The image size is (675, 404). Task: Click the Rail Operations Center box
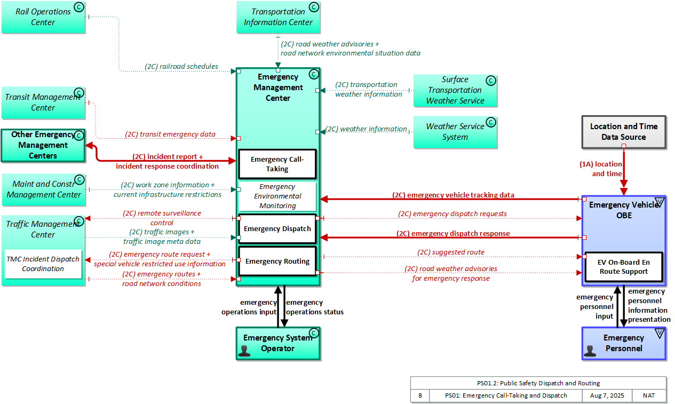43,17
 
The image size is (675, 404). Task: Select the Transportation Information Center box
278,17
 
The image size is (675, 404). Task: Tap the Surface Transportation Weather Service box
455,90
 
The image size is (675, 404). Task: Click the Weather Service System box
455,132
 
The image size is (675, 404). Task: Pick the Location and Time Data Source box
623,132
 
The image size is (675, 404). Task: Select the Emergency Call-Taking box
277,164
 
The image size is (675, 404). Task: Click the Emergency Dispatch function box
277,229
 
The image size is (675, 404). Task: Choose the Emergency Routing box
277,262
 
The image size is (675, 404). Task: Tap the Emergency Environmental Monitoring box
277,196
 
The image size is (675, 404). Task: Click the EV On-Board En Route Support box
623,267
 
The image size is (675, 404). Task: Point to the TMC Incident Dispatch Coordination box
43,264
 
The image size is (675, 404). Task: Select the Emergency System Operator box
278,343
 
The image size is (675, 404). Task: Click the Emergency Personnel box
623,343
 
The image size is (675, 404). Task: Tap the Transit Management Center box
43,102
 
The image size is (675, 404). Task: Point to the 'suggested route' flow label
451,252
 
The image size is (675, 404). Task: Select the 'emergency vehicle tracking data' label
453,195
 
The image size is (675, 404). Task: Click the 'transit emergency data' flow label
170,134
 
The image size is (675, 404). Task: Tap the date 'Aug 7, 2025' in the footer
606,396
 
